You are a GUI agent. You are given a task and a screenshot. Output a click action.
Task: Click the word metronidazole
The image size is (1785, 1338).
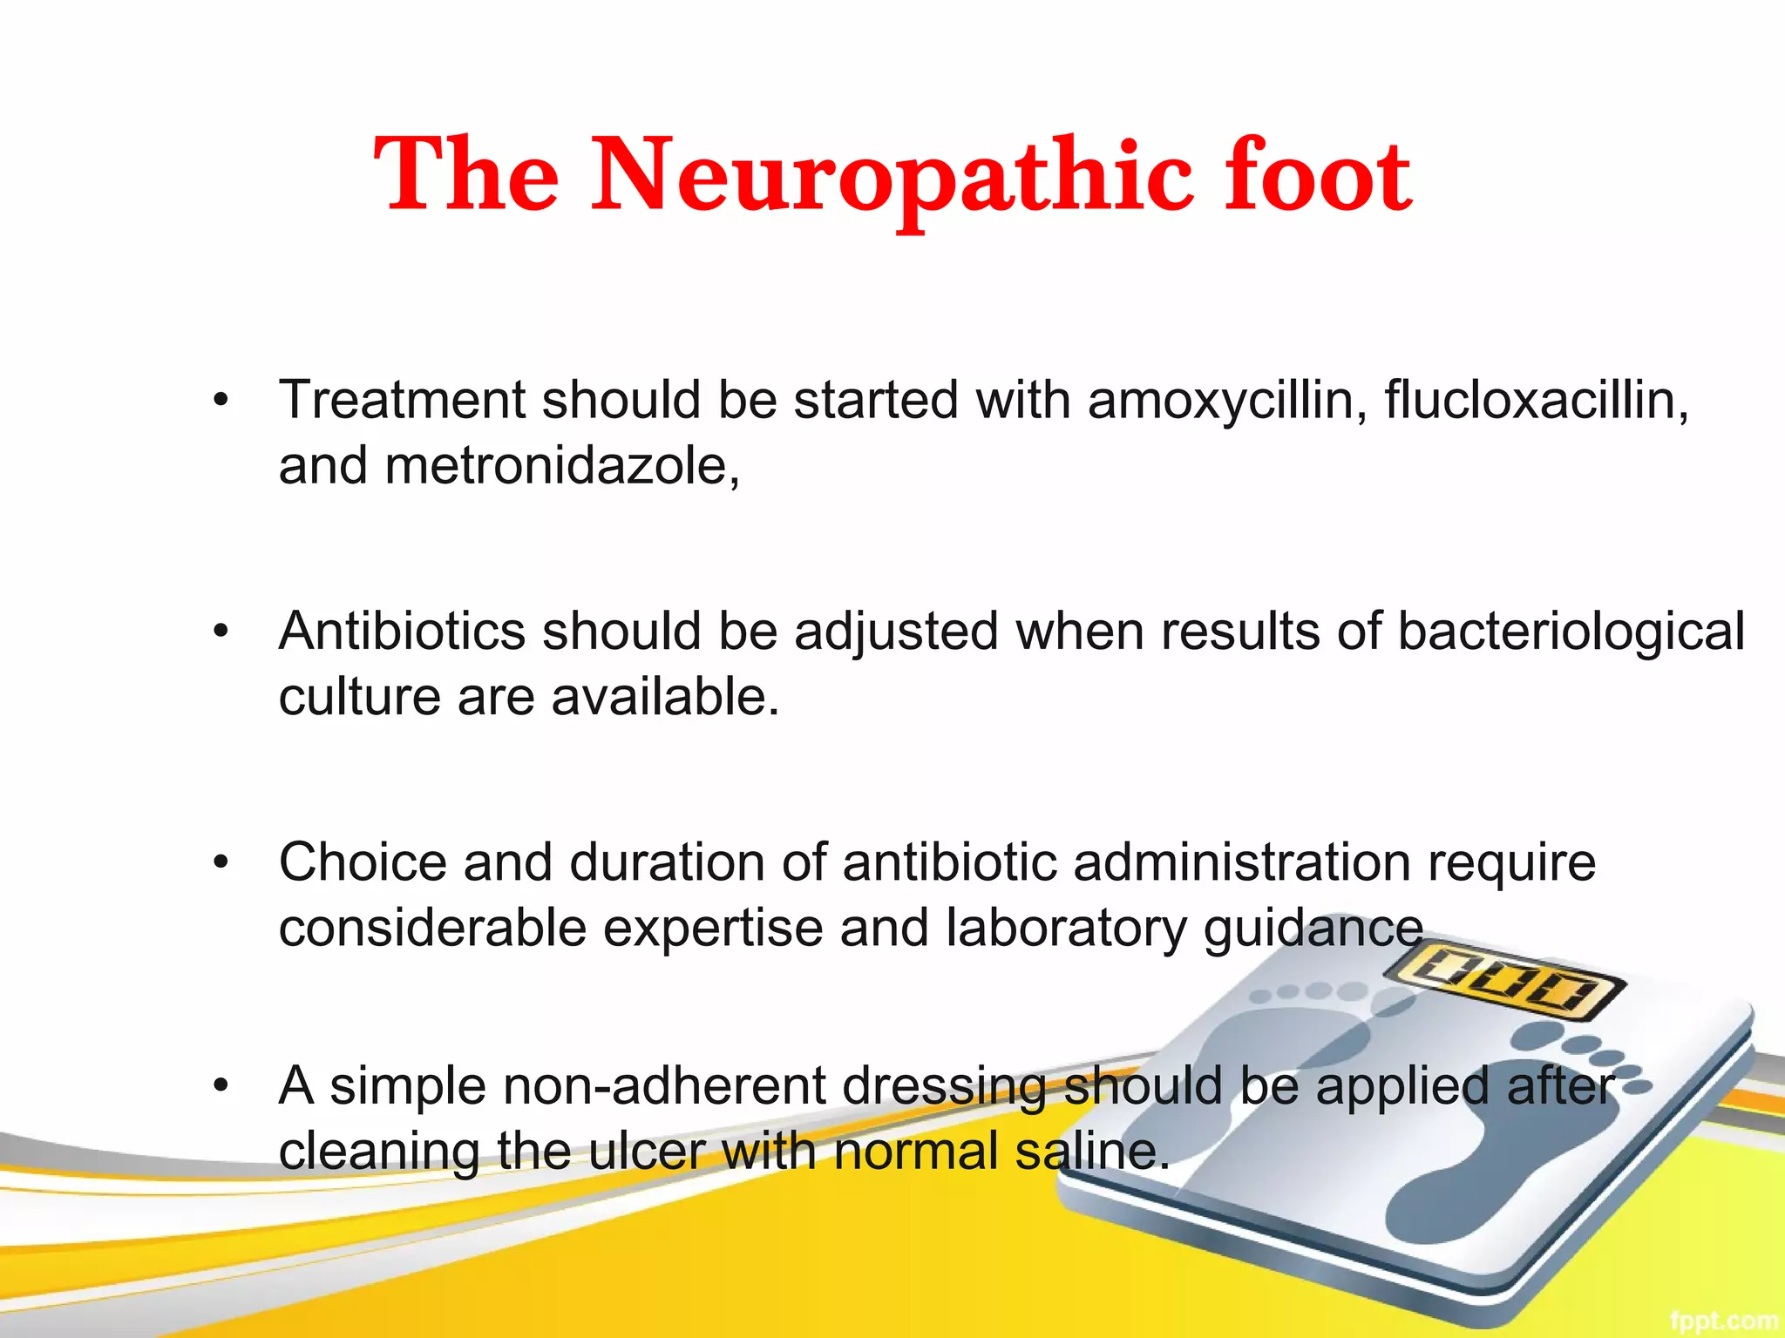[x=562, y=466]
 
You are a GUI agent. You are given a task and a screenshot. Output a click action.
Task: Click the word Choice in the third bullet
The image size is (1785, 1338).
[x=363, y=862]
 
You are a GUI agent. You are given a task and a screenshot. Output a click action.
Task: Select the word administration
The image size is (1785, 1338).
[x=1242, y=862]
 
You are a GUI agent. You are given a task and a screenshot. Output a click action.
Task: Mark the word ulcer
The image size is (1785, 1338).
[x=646, y=1152]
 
